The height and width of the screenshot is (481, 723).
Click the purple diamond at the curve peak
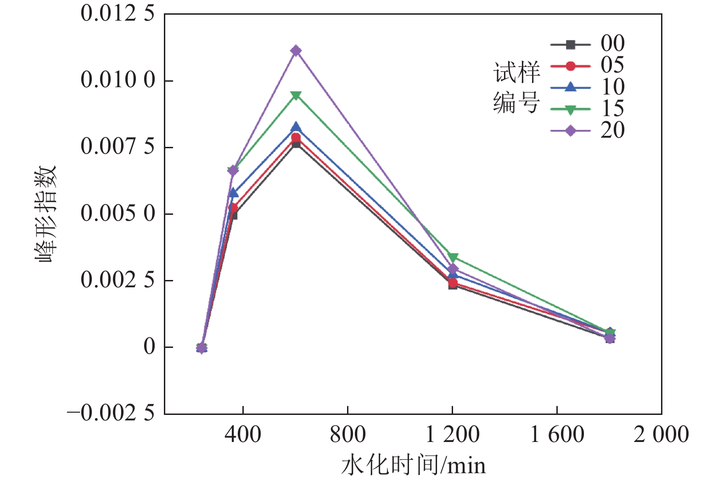point(296,50)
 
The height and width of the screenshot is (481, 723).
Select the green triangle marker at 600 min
point(296,95)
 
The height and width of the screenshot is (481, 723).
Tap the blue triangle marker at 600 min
point(296,127)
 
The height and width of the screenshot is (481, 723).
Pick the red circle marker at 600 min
point(296,138)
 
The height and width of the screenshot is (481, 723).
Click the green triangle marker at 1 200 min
point(453,257)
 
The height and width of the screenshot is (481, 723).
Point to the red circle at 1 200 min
point(453,283)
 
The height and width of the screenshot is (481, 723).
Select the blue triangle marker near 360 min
point(233,192)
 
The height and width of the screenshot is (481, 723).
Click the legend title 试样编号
point(516,87)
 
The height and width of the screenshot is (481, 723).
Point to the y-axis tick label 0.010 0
point(118,80)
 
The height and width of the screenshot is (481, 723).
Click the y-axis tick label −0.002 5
point(111,413)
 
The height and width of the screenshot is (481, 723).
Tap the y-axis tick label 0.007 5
point(118,146)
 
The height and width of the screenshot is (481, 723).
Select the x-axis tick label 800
point(347,434)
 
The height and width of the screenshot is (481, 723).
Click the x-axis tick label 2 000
point(661,434)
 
